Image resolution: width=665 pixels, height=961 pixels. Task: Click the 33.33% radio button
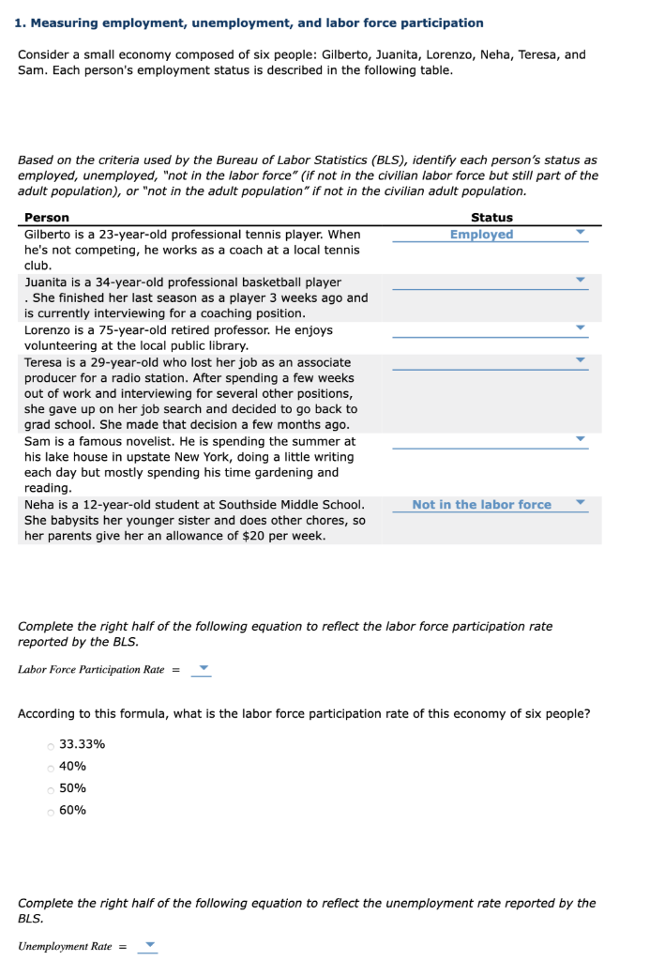click(50, 745)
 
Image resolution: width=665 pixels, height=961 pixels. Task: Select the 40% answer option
click(50, 767)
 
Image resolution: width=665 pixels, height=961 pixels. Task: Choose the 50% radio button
click(50, 788)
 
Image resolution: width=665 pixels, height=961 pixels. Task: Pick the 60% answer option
click(50, 811)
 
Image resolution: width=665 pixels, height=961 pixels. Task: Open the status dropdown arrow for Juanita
click(580, 280)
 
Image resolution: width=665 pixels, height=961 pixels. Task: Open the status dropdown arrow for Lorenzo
click(580, 328)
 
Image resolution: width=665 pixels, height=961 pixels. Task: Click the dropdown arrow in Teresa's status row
click(580, 359)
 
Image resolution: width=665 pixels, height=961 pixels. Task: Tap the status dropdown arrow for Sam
click(580, 438)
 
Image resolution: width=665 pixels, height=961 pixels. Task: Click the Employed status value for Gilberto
click(481, 235)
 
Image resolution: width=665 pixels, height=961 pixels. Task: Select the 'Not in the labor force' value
click(481, 505)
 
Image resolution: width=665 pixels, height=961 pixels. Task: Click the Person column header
click(46, 218)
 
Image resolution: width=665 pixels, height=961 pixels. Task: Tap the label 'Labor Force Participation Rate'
click(91, 670)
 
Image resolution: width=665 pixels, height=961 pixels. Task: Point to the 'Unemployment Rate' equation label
click(65, 946)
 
